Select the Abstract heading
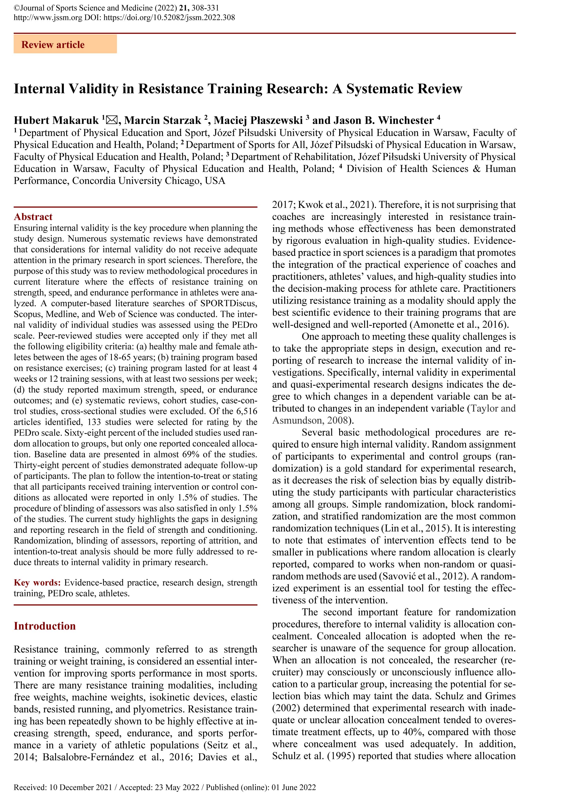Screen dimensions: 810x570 point(33,217)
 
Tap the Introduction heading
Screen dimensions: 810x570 point(45,626)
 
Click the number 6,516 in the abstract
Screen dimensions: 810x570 point(245,411)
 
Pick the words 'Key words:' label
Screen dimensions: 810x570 point(37,582)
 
